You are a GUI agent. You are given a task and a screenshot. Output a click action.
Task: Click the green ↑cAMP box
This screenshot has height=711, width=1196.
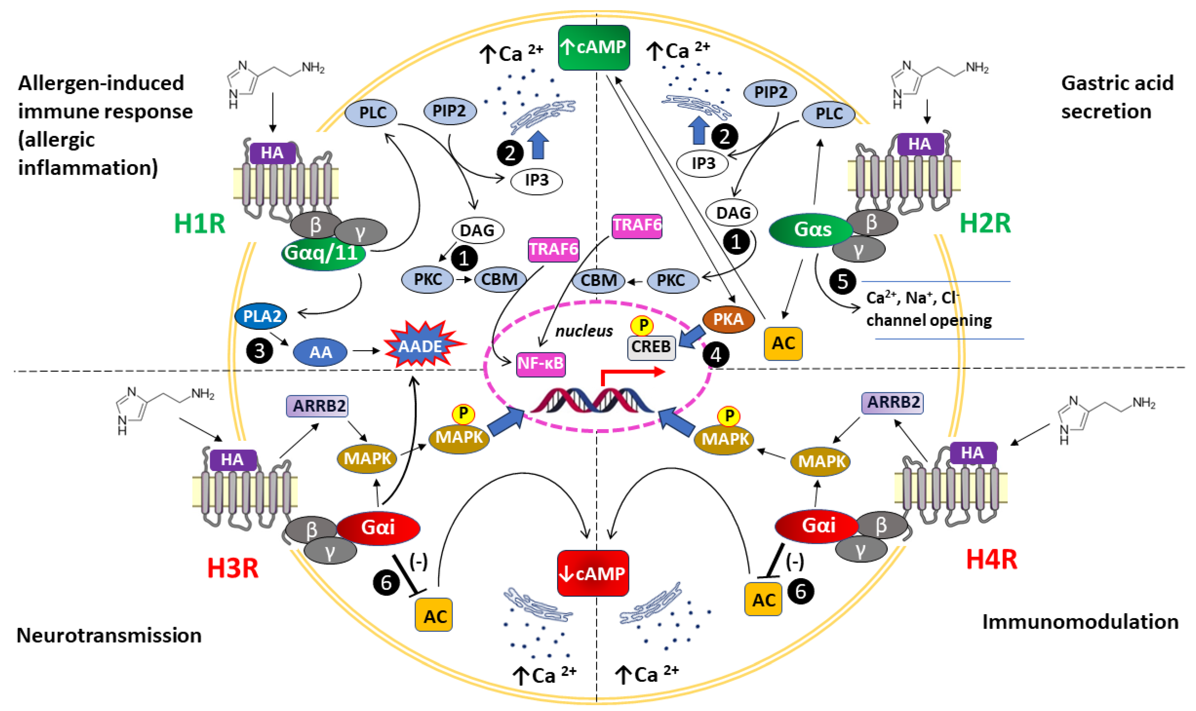pos(594,47)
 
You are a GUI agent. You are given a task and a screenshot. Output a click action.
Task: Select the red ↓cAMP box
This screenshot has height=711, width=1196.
pos(593,573)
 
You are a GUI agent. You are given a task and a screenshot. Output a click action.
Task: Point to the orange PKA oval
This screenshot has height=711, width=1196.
pos(728,319)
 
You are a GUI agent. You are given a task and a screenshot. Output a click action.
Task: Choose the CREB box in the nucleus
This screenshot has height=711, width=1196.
pos(651,347)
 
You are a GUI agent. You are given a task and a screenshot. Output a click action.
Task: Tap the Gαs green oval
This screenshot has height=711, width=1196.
pos(811,230)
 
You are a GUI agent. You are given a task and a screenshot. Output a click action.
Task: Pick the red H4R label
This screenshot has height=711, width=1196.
pos(991,559)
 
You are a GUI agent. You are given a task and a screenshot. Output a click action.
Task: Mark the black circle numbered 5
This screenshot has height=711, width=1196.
pos(843,282)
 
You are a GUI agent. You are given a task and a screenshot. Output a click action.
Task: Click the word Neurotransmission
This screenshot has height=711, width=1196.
pos(109,635)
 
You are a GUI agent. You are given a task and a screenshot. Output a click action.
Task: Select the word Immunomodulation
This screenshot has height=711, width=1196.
pos(1080,622)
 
